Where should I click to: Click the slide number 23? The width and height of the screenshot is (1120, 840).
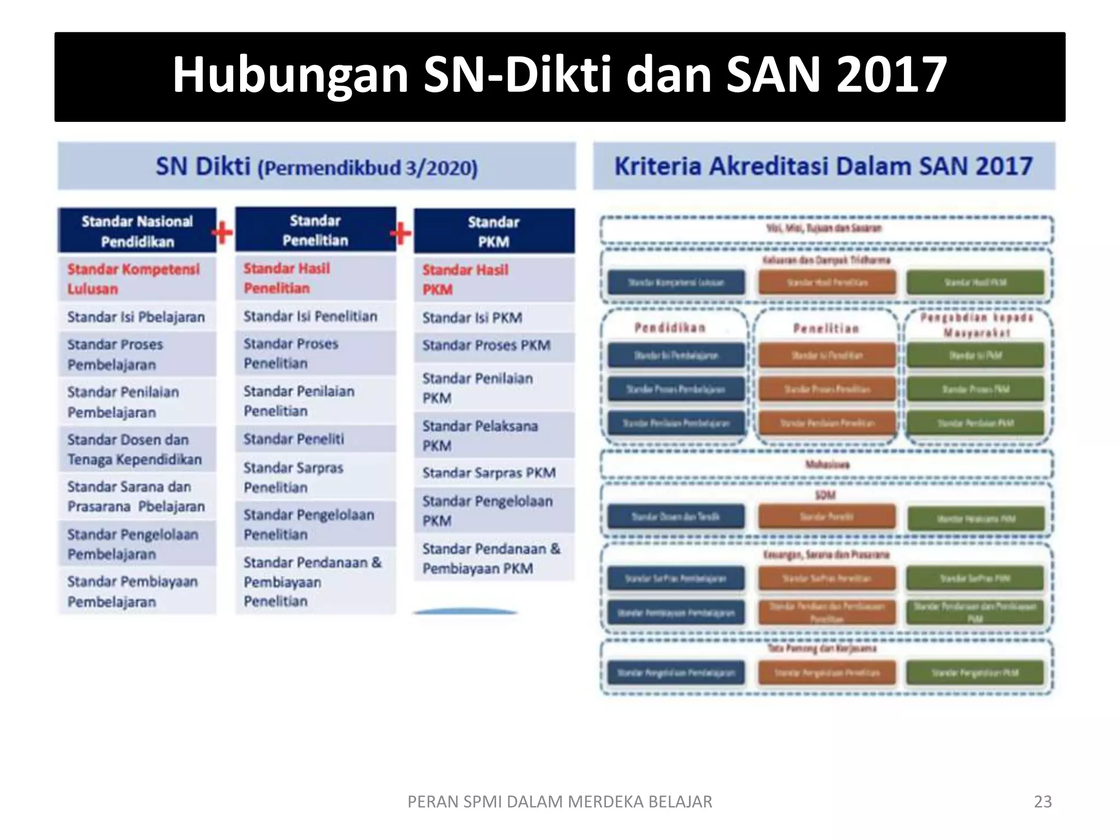(x=1042, y=801)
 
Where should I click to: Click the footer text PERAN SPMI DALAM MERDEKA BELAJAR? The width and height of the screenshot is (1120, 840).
(x=559, y=801)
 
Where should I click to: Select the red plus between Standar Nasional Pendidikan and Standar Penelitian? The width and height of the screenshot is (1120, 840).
(x=223, y=233)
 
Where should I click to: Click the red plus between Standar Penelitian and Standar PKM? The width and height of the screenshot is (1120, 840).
(x=401, y=234)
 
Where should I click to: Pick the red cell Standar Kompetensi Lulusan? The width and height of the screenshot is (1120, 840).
(x=137, y=279)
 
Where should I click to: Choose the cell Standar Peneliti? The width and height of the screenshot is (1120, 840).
(x=315, y=439)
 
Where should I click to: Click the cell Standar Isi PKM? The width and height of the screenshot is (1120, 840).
(x=494, y=318)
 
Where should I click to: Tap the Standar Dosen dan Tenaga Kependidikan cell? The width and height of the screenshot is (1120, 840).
(x=137, y=450)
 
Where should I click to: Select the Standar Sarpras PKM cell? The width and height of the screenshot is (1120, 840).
(x=494, y=473)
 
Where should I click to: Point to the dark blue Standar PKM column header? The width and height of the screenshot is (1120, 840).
(x=494, y=231)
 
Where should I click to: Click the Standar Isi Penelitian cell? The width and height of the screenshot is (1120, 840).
(x=315, y=317)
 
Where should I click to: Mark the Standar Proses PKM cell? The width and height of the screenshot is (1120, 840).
(x=494, y=346)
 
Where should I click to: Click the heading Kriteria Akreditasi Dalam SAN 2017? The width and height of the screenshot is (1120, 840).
(x=824, y=166)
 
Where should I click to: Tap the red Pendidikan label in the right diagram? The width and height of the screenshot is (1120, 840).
(x=670, y=328)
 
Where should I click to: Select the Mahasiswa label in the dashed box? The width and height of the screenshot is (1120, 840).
(x=827, y=465)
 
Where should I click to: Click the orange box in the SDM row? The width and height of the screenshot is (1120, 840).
(x=827, y=517)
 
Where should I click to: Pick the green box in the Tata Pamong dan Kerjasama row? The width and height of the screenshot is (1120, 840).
(x=975, y=673)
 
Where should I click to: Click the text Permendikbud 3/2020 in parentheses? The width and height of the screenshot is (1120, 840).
(x=367, y=168)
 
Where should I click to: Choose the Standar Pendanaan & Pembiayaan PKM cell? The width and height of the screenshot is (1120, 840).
(x=494, y=559)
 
